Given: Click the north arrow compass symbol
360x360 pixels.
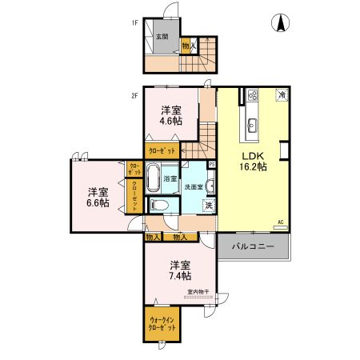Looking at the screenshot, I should pyautogui.click(x=282, y=24).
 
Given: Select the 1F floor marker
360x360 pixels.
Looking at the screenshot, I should pyautogui.click(x=136, y=22).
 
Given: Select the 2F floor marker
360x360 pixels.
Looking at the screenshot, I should pyautogui.click(x=136, y=96).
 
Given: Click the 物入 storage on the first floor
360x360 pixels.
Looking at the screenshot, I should pyautogui.click(x=187, y=47).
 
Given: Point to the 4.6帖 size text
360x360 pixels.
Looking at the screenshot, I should pyautogui.click(x=168, y=123).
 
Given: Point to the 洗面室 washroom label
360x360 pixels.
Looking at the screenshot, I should pyautogui.click(x=194, y=186).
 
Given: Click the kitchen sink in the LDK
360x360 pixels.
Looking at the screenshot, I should pyautogui.click(x=252, y=124).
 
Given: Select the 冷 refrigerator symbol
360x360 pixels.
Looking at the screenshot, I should pyautogui.click(x=282, y=95).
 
